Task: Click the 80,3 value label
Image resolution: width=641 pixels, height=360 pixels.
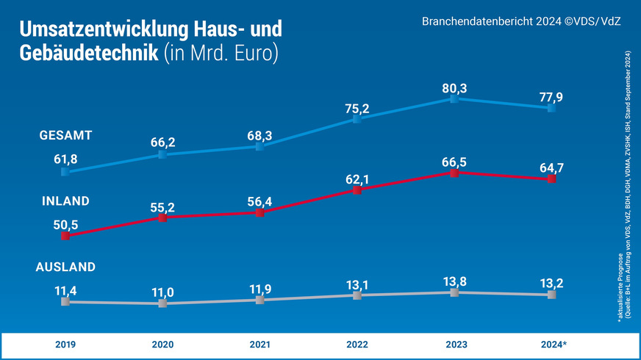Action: tap(454, 88)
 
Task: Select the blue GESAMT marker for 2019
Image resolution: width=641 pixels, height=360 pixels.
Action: tap(65, 172)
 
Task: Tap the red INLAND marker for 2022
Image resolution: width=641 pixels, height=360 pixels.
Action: tap(357, 190)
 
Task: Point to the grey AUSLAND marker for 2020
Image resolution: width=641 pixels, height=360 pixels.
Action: tap(162, 303)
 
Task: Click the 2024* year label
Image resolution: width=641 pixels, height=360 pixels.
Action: tap(552, 344)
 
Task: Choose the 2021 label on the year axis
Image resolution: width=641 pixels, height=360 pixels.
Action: tap(259, 344)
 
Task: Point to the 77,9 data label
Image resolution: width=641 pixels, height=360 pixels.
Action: tap(551, 97)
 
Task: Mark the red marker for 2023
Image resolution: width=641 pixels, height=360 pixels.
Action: tap(454, 173)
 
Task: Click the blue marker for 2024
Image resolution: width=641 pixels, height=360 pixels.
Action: tap(551, 108)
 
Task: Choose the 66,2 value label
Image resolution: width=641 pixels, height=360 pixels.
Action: tap(162, 142)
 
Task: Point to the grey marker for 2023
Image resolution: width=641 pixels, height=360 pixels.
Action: tap(454, 292)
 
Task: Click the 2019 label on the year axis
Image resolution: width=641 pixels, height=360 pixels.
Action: tap(65, 344)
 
